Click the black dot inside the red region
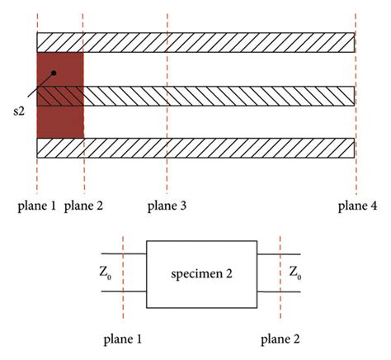(53, 73)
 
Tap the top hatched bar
(214, 42)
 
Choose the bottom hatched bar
(214, 149)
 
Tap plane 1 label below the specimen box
(123, 337)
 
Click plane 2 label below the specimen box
(280, 337)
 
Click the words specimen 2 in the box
(201, 273)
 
